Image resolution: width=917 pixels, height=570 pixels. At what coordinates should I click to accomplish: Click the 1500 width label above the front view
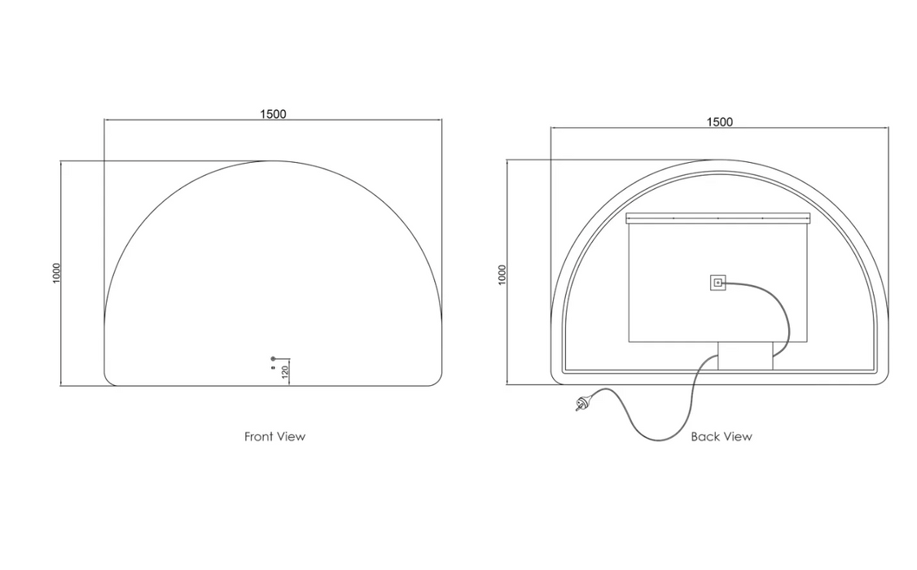(273, 114)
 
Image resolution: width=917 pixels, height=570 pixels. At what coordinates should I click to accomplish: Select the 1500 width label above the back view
(719, 121)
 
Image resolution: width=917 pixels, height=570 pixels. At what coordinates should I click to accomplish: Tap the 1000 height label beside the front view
(56, 273)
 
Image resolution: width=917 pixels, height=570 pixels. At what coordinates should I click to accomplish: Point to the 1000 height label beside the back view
(502, 274)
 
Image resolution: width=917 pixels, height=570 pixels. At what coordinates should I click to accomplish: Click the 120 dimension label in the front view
(285, 372)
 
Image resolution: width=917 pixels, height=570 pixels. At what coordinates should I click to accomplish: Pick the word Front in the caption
(258, 436)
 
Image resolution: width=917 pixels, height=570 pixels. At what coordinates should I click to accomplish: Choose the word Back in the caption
(704, 436)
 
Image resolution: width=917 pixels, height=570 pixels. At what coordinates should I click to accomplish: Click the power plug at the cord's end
(584, 403)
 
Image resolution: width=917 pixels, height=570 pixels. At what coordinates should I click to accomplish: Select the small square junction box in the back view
(717, 283)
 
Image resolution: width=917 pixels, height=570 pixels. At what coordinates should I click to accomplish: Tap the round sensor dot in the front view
(273, 358)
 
